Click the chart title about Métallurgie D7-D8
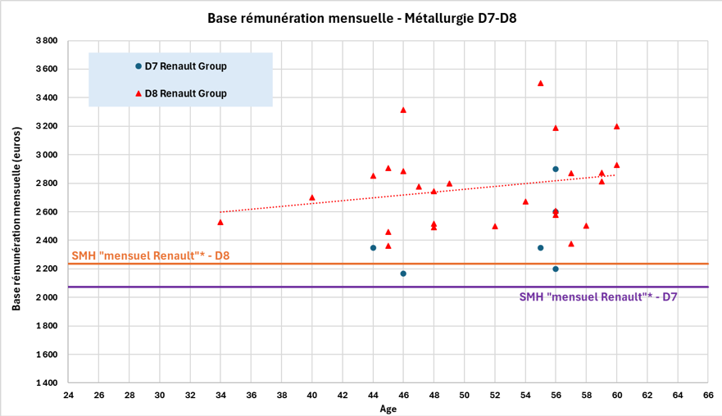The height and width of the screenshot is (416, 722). tap(361, 17)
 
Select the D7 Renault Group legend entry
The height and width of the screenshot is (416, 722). tap(185, 66)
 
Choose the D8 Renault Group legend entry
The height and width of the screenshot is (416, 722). tap(185, 93)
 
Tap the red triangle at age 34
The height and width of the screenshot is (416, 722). tap(220, 222)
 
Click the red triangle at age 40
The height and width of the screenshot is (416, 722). tap(312, 197)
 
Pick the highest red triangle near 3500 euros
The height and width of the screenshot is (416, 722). tap(540, 83)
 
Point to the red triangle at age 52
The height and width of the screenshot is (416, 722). tap(495, 226)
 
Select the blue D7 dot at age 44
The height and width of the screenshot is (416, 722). tap(373, 247)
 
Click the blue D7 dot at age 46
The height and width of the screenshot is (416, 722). tap(403, 274)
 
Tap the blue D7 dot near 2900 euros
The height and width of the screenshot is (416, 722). tap(556, 169)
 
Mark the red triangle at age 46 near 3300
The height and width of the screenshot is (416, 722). tap(403, 110)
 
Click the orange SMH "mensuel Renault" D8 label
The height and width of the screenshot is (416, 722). tap(151, 255)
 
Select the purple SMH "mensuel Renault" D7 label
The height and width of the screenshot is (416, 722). tap(597, 297)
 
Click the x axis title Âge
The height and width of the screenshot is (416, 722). tap(388, 409)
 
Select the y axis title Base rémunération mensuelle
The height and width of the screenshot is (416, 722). tap(16, 211)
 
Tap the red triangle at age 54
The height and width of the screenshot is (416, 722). tap(525, 201)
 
